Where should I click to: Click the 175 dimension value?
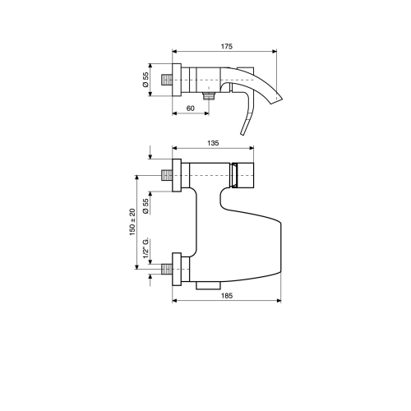[x=227, y=46]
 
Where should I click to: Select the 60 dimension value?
[x=191, y=109]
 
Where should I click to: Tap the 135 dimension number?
[x=213, y=143]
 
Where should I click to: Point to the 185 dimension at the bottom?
[x=227, y=296]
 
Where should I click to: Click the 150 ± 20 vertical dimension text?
[x=132, y=222]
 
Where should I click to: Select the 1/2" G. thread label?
[x=145, y=247]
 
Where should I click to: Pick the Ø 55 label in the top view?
[x=145, y=80]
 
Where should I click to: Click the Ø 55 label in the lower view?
[x=145, y=206]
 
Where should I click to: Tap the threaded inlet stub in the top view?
[x=167, y=80]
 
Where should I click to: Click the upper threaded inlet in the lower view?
[x=167, y=175]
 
